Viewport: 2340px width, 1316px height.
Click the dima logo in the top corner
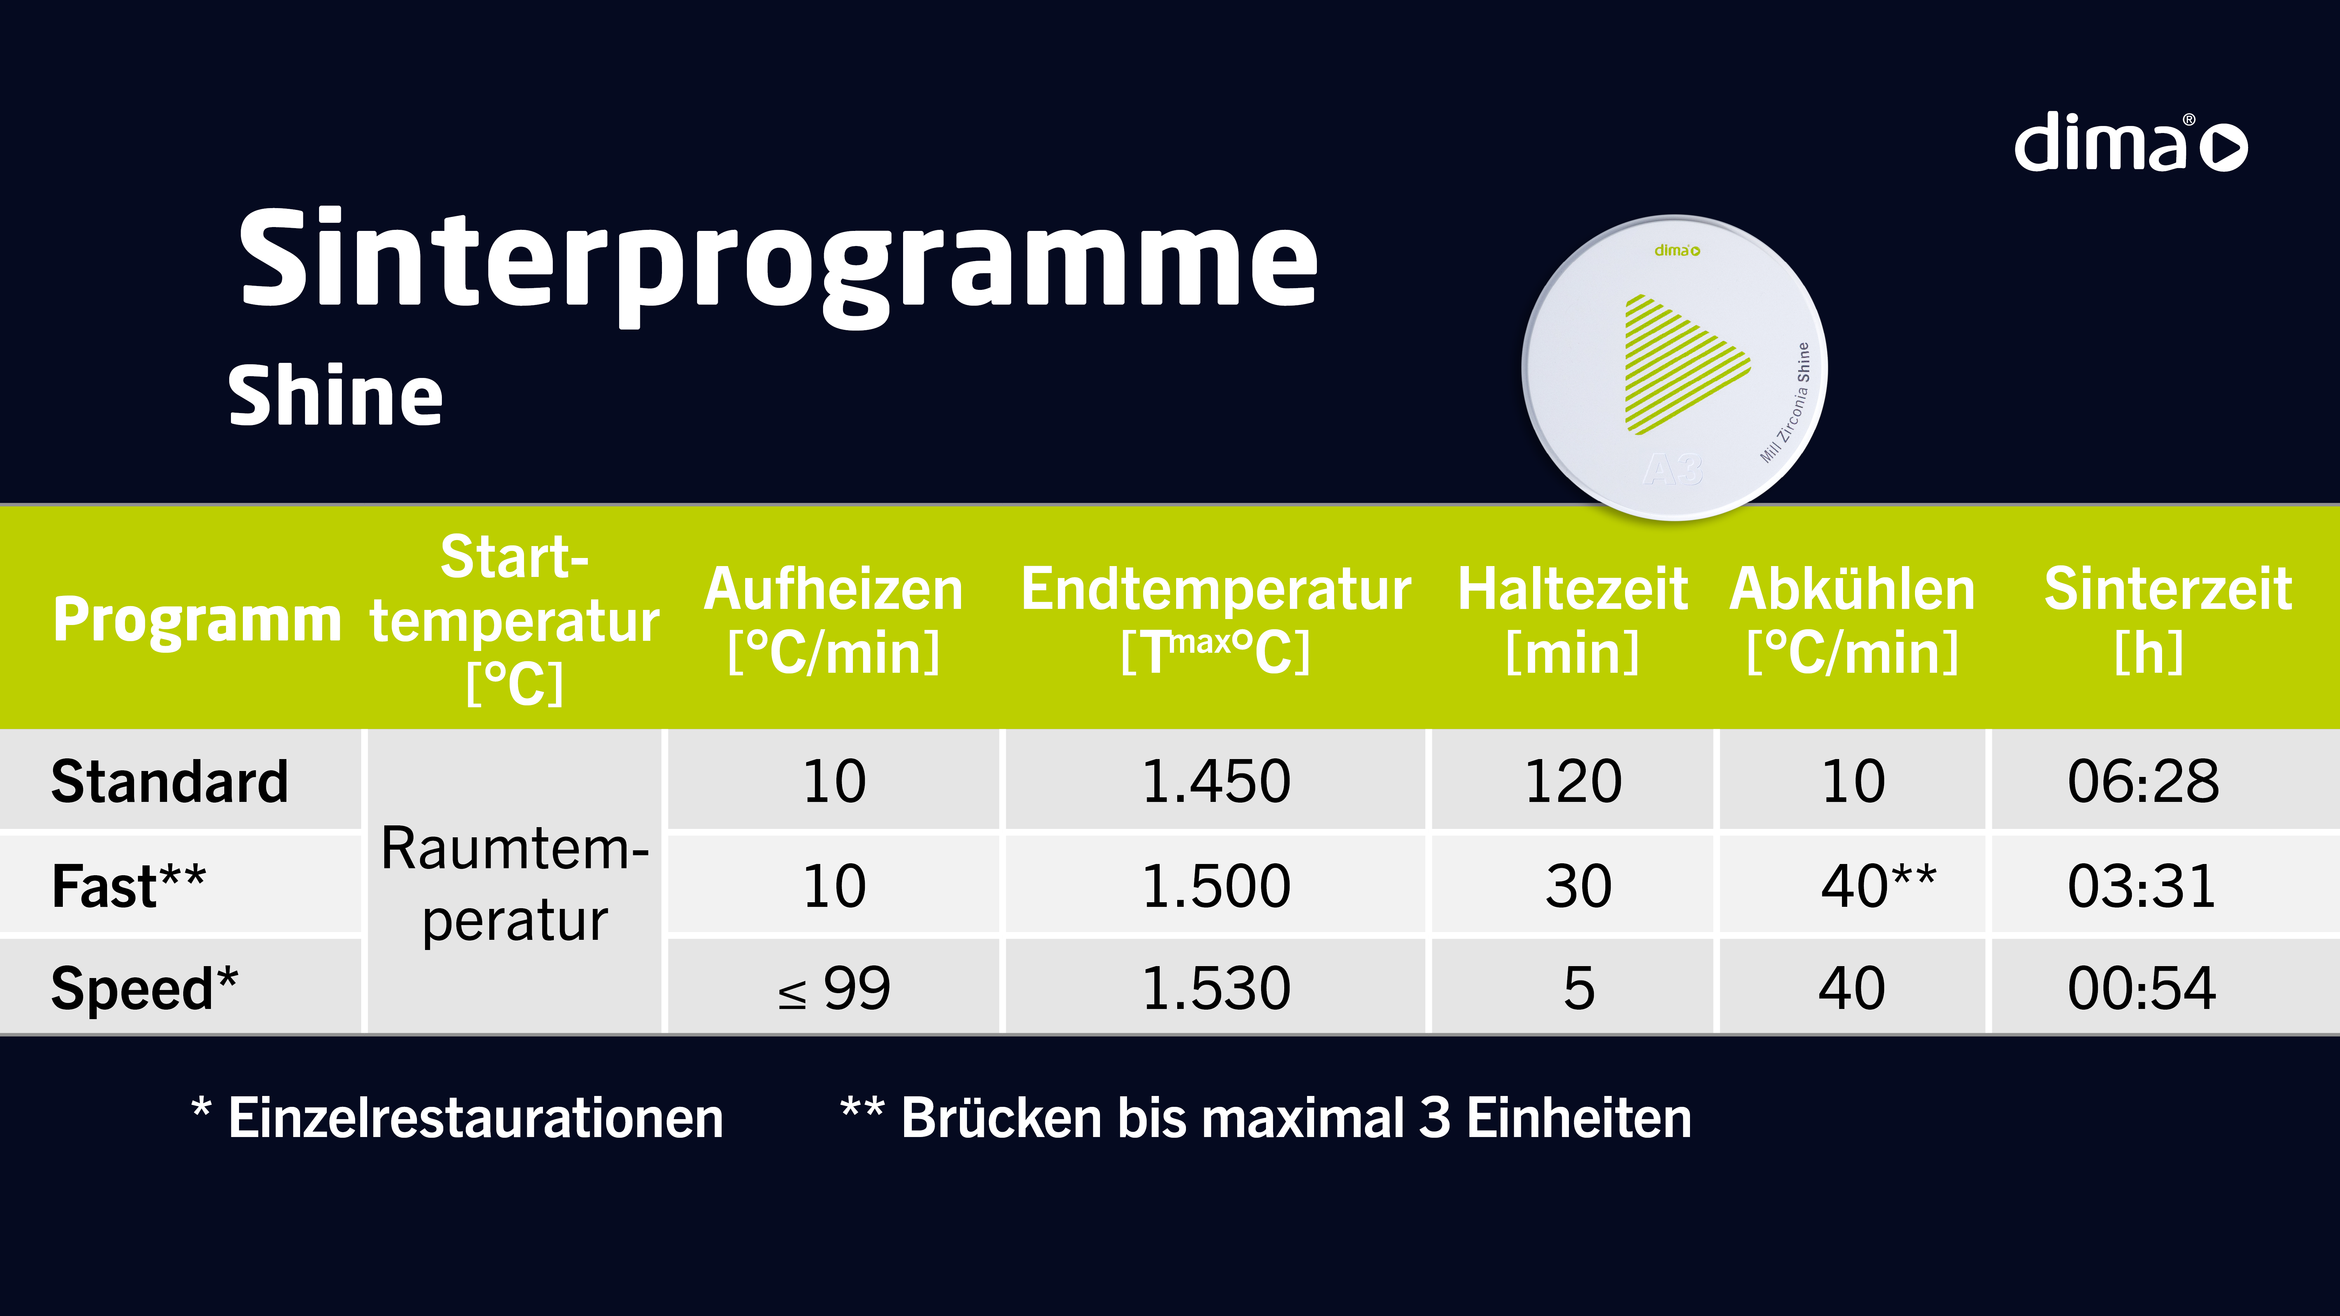[x=2130, y=142]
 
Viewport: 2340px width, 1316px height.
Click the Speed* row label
[x=145, y=988]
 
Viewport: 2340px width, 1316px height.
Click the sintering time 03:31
[x=2142, y=885]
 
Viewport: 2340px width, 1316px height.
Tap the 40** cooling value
[x=1878, y=885]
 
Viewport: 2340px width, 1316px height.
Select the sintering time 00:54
[x=2142, y=988]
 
